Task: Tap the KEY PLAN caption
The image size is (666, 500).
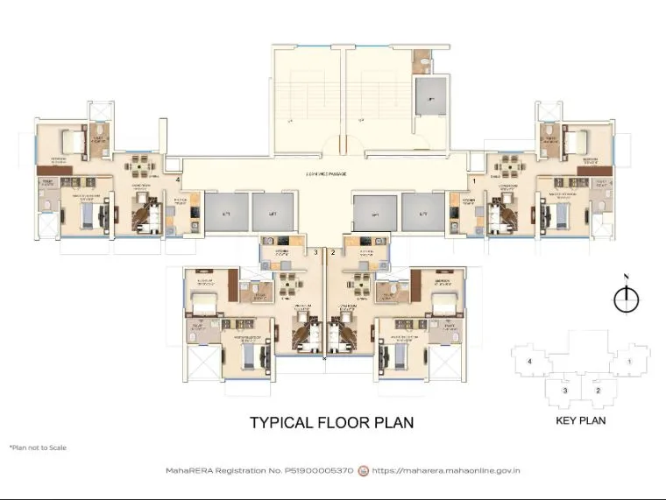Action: coord(580,420)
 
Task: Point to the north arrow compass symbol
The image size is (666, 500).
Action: coord(626,299)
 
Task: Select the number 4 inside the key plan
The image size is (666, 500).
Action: coord(529,361)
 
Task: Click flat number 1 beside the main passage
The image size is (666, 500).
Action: coord(474,180)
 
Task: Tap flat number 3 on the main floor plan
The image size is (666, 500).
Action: coord(315,252)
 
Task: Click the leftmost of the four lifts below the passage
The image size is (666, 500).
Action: coord(225,212)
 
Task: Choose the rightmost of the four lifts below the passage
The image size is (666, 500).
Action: coord(423,212)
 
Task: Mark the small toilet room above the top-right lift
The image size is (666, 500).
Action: coord(422,61)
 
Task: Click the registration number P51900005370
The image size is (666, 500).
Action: coord(320,471)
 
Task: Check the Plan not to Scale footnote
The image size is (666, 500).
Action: coord(37,447)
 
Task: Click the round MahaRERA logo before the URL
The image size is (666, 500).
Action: coord(364,471)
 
